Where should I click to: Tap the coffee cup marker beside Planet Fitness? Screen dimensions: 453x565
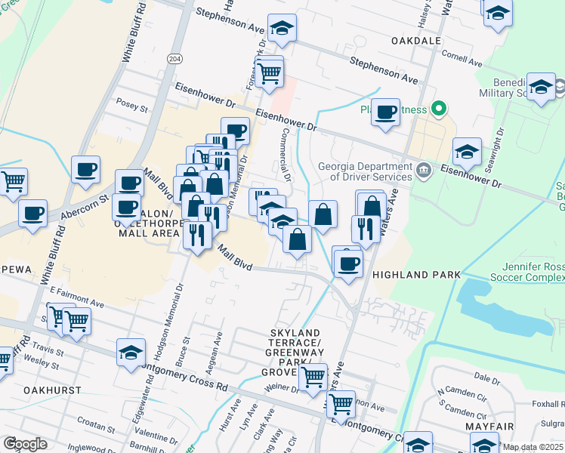[386, 112]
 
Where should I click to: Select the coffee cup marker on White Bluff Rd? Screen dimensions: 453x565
[86, 169]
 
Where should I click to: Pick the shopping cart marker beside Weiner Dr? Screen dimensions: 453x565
[313, 376]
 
